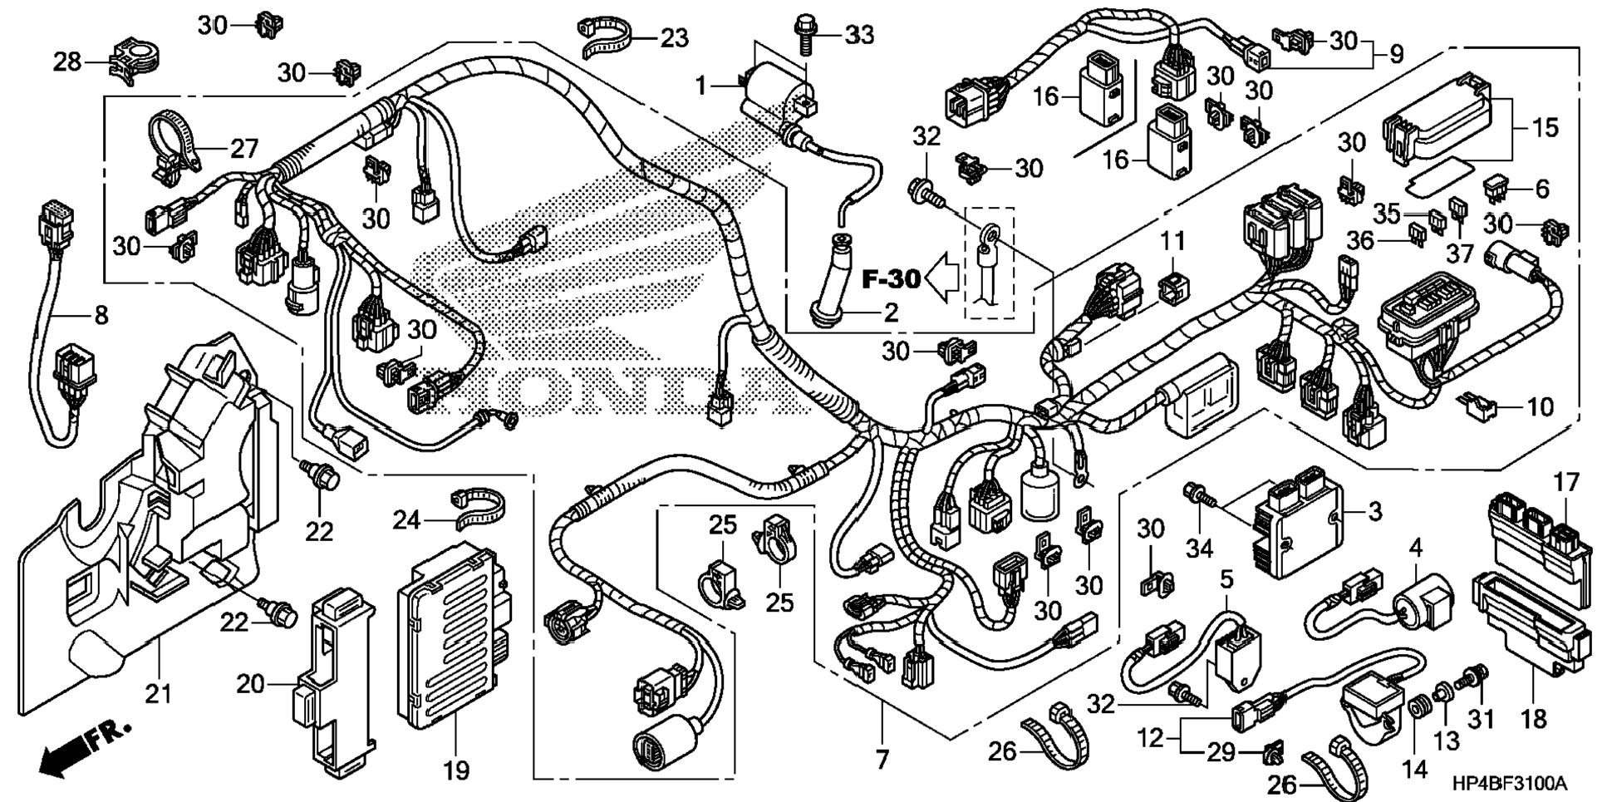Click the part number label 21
point(159,693)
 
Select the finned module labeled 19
point(453,637)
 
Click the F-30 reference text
point(891,278)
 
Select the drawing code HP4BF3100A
point(1509,784)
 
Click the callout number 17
point(1566,482)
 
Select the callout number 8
point(101,315)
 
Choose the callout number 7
point(882,758)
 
